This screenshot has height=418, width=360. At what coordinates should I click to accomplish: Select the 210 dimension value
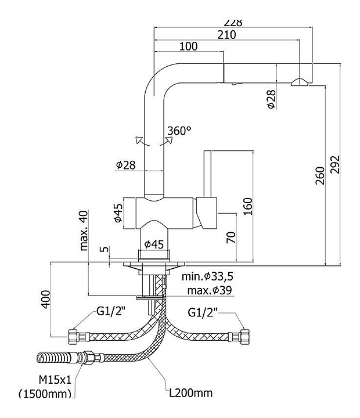(226, 34)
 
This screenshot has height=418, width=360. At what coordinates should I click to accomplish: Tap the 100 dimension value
(188, 46)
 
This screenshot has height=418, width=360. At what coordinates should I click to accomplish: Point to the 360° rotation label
(179, 131)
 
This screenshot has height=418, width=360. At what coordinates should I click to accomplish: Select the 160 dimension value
(248, 206)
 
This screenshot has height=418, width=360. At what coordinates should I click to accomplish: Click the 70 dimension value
(231, 236)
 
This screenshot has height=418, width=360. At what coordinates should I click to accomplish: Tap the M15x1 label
(54, 380)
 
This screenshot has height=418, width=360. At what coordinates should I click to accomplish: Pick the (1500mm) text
(45, 394)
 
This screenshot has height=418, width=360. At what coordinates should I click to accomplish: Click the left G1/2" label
(111, 312)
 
